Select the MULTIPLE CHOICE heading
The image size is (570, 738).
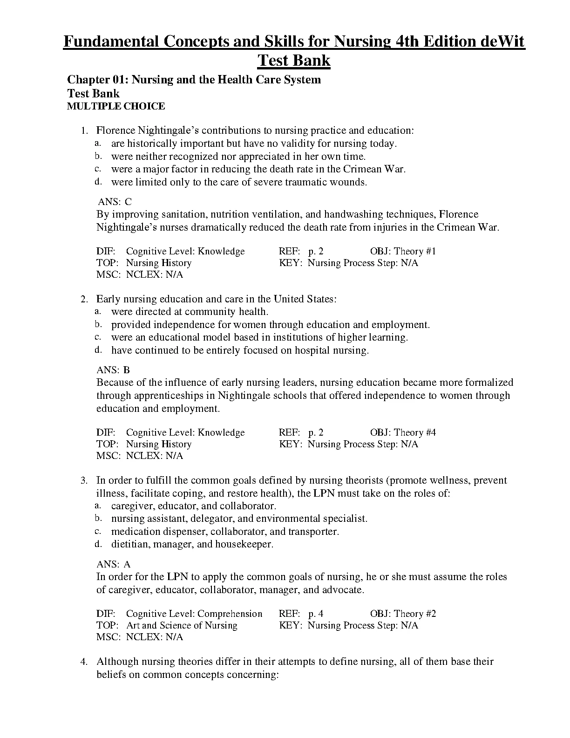[x=116, y=106]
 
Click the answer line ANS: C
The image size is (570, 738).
[x=115, y=202]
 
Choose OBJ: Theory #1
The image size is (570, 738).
[x=403, y=251]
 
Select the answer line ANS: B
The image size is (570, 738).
[x=113, y=370]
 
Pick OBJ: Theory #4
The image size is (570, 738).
[x=403, y=432]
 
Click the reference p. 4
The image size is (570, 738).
[x=316, y=614]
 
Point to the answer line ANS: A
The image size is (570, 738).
[x=113, y=564]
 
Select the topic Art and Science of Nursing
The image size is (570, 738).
[x=182, y=625]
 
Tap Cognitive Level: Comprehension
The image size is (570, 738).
[x=194, y=614]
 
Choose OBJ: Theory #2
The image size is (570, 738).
[x=403, y=614]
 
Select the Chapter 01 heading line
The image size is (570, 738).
[x=194, y=80]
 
